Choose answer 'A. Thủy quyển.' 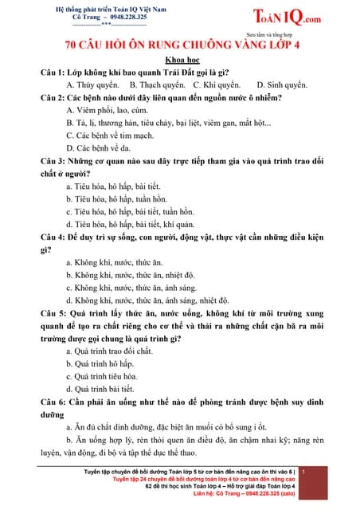(x=94, y=84)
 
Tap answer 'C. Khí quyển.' (x=218, y=84)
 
